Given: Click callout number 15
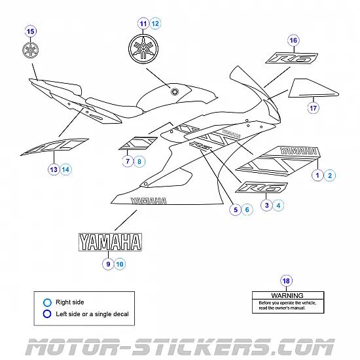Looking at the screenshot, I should [x=30, y=31].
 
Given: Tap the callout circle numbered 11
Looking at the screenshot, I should [x=143, y=24].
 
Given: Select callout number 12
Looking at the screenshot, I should [x=155, y=24].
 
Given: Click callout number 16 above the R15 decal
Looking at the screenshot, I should [x=293, y=41].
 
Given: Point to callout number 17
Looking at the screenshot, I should [x=313, y=108].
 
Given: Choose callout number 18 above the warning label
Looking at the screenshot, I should [x=286, y=281].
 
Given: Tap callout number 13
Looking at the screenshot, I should [x=53, y=170].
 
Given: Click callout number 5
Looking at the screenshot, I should [x=234, y=210].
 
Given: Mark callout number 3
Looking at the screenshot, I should [x=266, y=206].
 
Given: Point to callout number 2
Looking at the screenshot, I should [x=331, y=175].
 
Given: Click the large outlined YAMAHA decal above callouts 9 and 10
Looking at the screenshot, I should [x=110, y=242].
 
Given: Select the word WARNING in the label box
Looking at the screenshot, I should [x=286, y=296].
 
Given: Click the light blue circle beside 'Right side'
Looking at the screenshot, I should [x=46, y=302].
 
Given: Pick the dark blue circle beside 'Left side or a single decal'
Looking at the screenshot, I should [x=46, y=314].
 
